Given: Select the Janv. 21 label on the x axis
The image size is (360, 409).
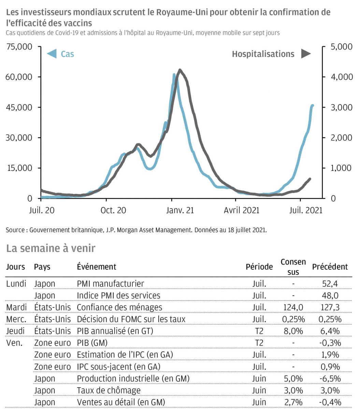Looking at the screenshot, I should [x=180, y=210].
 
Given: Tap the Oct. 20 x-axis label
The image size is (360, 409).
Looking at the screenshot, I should [x=113, y=210].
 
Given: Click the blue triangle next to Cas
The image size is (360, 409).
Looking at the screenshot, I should [x=52, y=54].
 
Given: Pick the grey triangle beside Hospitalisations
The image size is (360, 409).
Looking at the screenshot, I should [x=306, y=54].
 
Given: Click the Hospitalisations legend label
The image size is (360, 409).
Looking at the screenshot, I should [x=263, y=54].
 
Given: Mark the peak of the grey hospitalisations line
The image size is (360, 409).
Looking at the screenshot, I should [x=180, y=70].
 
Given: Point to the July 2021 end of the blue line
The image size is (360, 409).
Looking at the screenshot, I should [x=312, y=106].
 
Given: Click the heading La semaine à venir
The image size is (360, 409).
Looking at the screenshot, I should [x=51, y=248].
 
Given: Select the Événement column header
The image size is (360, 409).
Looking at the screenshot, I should [x=97, y=267].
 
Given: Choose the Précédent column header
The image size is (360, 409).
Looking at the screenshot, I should [x=330, y=267].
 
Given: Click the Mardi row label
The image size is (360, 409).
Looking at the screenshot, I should [x=16, y=307].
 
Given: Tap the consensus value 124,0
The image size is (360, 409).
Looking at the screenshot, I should [x=293, y=307].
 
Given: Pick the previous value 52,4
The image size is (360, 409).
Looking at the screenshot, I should [x=330, y=284].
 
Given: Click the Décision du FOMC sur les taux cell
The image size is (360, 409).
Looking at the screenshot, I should [x=131, y=319].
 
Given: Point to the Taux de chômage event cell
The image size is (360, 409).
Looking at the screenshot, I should [x=109, y=391].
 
